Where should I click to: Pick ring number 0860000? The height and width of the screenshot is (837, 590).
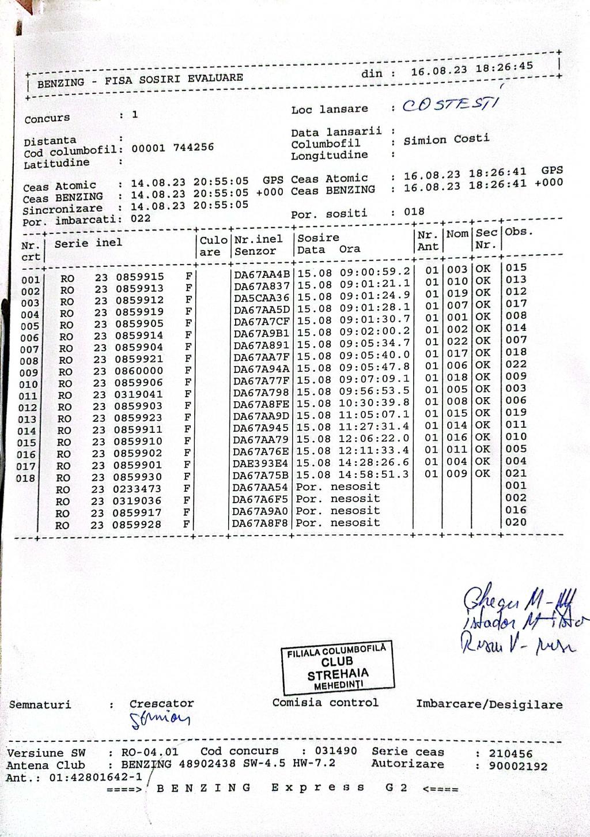[139, 371]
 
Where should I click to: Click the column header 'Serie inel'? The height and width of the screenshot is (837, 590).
[88, 243]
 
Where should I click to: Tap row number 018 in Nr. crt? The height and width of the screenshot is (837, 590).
[26, 478]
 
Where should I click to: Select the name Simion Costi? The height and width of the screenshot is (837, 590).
[447, 139]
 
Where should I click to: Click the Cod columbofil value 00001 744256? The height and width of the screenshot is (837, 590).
[172, 148]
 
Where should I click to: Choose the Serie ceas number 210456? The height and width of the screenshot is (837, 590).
[510, 753]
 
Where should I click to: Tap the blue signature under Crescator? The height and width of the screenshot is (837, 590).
[160, 718]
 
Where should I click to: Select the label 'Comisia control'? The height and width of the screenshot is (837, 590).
[325, 703]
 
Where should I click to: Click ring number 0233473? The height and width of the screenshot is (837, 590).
[137, 489]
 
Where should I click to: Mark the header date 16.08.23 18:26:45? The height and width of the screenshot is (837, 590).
[472, 69]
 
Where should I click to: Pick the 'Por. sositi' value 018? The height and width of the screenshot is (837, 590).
[414, 212]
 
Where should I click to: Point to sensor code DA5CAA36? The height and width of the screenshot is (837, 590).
[262, 297]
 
